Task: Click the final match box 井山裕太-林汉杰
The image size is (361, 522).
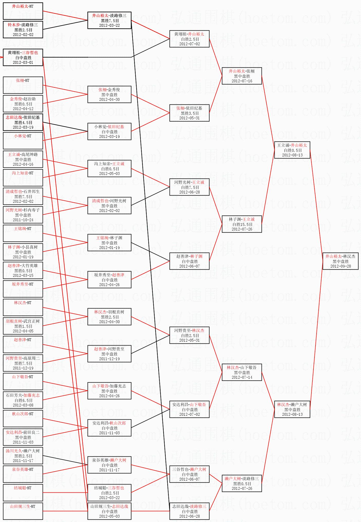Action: pos(340,261)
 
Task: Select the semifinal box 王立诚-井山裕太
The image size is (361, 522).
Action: pos(292,150)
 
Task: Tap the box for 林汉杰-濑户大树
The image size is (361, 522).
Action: pos(292,409)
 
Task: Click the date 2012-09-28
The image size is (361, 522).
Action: pos(340,266)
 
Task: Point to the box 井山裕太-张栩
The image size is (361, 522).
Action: pos(242,76)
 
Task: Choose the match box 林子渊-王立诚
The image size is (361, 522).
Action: pos(242,224)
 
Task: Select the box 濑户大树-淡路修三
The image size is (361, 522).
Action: pos(242,483)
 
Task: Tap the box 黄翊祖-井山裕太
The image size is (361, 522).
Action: pos(189,39)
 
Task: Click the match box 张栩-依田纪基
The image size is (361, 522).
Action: pos(189,113)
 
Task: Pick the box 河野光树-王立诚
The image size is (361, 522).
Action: pos(189,187)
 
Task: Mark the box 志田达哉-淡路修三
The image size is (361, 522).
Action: pos(189,511)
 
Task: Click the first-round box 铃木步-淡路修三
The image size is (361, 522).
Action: pos(23,30)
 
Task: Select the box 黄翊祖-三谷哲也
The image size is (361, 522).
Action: pos(23,57)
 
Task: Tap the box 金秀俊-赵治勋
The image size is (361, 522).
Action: pos(23,104)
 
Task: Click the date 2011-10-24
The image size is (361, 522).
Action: pos(23,220)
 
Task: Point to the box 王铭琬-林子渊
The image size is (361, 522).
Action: pos(109,243)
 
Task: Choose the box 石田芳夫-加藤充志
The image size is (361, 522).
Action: pos(23,400)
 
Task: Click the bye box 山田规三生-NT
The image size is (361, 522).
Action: pos(23,511)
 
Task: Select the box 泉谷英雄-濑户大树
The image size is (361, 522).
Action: pos(109,465)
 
